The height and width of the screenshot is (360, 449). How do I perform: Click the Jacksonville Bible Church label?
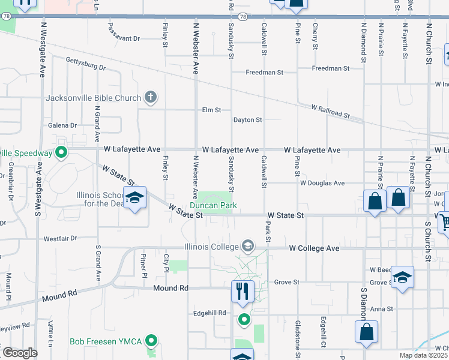click(93, 98)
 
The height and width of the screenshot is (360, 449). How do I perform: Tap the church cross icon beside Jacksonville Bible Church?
click(151, 97)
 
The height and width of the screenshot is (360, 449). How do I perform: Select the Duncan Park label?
click(213, 206)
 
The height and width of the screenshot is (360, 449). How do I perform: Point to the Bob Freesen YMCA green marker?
click(151, 341)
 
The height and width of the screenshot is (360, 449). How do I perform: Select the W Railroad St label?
click(330, 112)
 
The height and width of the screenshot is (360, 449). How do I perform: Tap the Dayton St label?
click(247, 120)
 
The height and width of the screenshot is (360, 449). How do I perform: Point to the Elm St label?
click(212, 110)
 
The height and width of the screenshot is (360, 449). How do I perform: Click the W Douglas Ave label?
click(322, 183)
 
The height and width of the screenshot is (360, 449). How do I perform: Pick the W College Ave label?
click(315, 248)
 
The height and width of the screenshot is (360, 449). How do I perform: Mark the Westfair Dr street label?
click(60, 238)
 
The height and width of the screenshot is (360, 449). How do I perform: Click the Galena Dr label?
click(62, 125)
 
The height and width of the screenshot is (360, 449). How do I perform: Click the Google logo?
click(20, 353)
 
